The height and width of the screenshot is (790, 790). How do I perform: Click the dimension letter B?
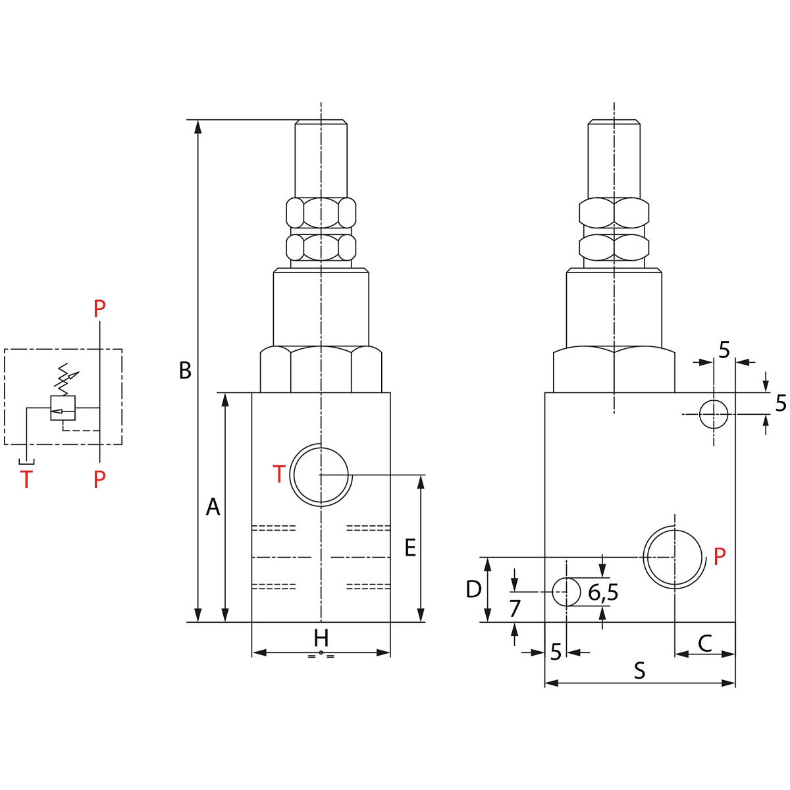click(x=185, y=371)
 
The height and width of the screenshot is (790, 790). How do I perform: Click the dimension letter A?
click(x=213, y=507)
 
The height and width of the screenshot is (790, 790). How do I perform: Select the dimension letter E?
click(x=410, y=548)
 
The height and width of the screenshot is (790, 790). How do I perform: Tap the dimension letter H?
click(x=321, y=639)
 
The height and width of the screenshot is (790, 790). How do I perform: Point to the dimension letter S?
click(x=639, y=671)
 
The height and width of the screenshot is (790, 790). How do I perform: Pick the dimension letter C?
click(x=705, y=643)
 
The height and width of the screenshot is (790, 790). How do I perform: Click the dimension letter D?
click(x=473, y=589)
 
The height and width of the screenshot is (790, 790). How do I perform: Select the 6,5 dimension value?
click(x=603, y=592)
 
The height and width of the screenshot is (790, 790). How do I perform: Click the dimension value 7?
click(x=515, y=608)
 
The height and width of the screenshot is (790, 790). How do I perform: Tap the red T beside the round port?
click(x=279, y=474)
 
